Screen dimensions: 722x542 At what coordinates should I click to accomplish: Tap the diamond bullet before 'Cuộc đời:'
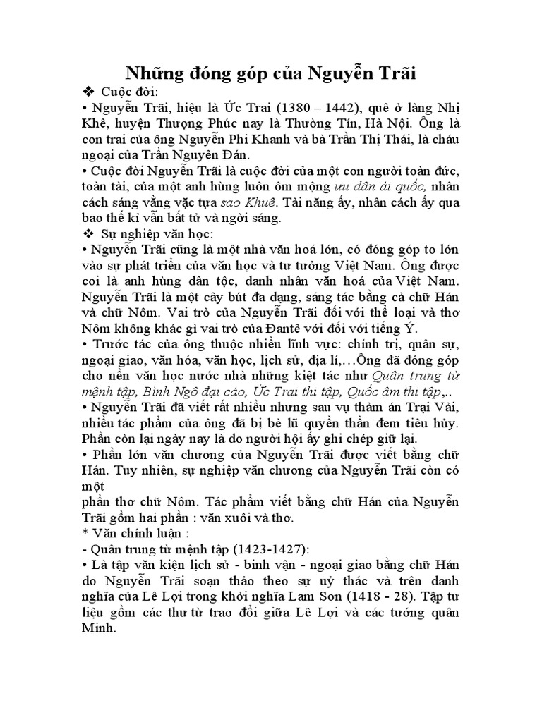tap(88, 93)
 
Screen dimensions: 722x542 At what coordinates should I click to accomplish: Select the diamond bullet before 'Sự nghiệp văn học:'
tap(88, 233)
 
